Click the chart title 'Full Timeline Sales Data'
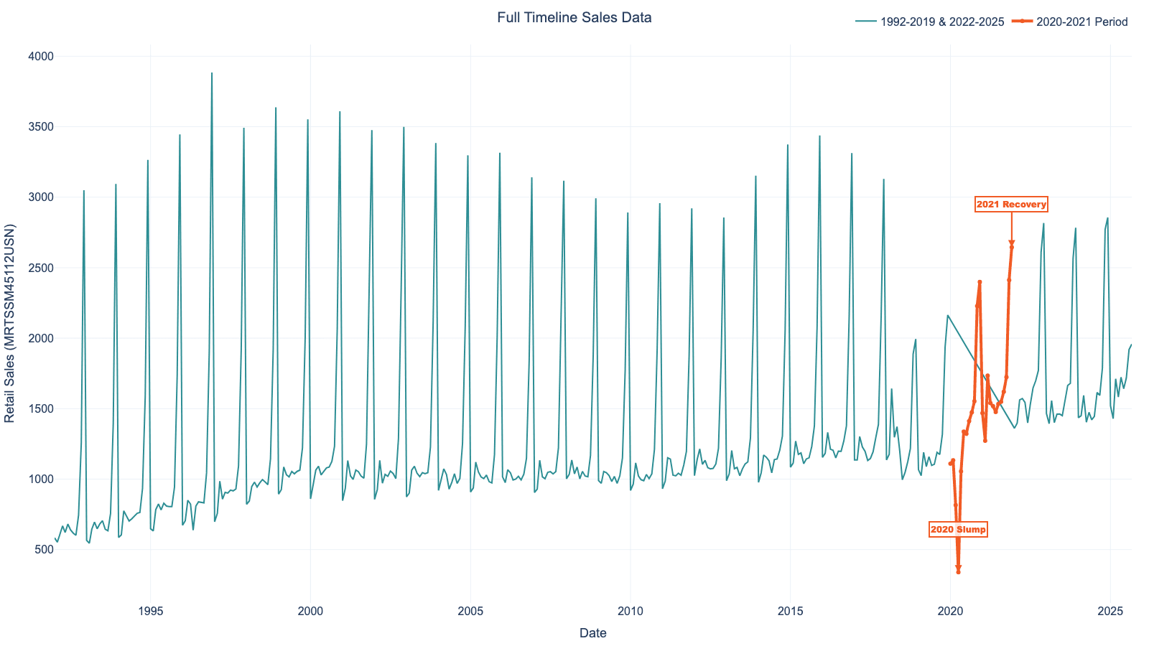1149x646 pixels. coord(574,18)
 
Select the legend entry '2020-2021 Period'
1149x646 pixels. coord(1077,22)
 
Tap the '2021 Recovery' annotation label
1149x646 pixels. coord(1011,205)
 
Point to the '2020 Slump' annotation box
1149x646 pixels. coord(958,530)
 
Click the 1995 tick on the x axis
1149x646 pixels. coord(150,612)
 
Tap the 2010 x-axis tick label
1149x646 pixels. coord(630,612)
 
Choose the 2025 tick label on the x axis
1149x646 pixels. coord(1110,612)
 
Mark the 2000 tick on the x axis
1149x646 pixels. coord(310,612)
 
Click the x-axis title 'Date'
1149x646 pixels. coord(592,633)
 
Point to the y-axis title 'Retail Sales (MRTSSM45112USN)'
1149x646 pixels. coord(11,323)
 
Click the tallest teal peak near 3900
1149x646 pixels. coord(212,73)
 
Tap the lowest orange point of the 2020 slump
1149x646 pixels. coord(958,571)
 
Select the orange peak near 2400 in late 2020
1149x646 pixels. coord(980,282)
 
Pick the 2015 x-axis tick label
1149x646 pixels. coord(790,612)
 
